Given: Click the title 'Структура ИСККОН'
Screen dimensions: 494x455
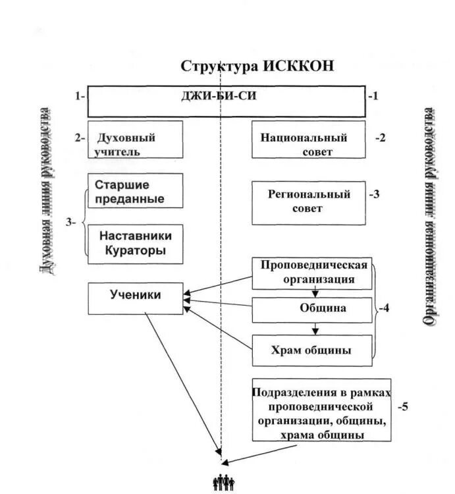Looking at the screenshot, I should [258, 67].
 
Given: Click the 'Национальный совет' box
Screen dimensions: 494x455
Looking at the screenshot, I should [308, 139].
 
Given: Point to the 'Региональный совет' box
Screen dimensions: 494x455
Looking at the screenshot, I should [308, 203].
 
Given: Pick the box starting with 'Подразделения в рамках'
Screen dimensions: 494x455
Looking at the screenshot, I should [321, 409].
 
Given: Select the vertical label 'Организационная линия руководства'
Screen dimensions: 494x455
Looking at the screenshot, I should [430, 217].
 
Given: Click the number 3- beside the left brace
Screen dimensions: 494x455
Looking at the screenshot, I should [71, 222].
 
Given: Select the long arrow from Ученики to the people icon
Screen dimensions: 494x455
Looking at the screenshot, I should [182, 382].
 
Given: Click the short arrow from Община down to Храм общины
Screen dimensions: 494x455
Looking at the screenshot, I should [316, 328].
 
